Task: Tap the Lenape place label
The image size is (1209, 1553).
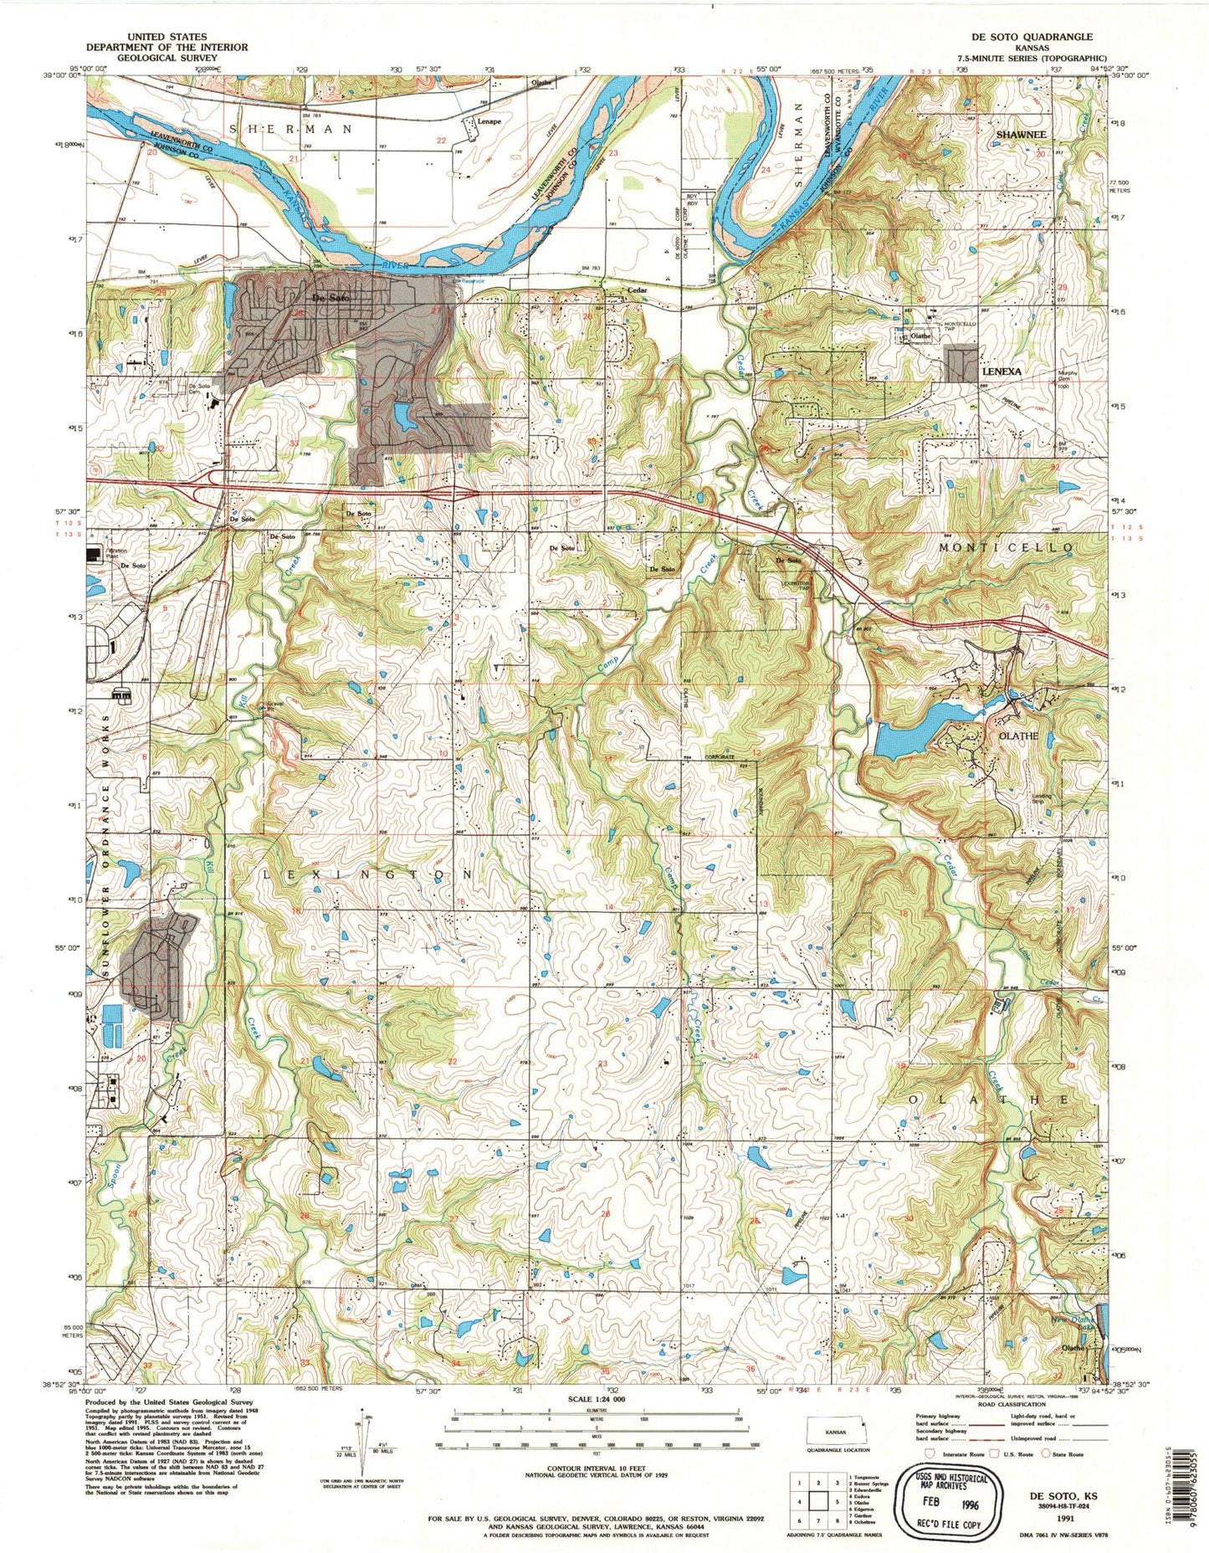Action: click(489, 121)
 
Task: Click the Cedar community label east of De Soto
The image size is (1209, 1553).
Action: click(638, 291)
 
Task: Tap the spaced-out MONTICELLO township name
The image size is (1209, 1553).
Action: click(1006, 546)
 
